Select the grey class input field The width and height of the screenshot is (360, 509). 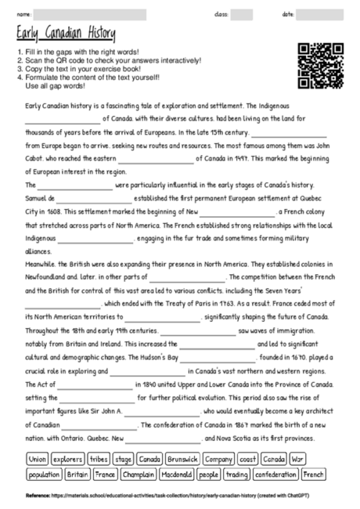coord(242,14)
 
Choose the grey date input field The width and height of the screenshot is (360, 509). coord(320,14)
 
